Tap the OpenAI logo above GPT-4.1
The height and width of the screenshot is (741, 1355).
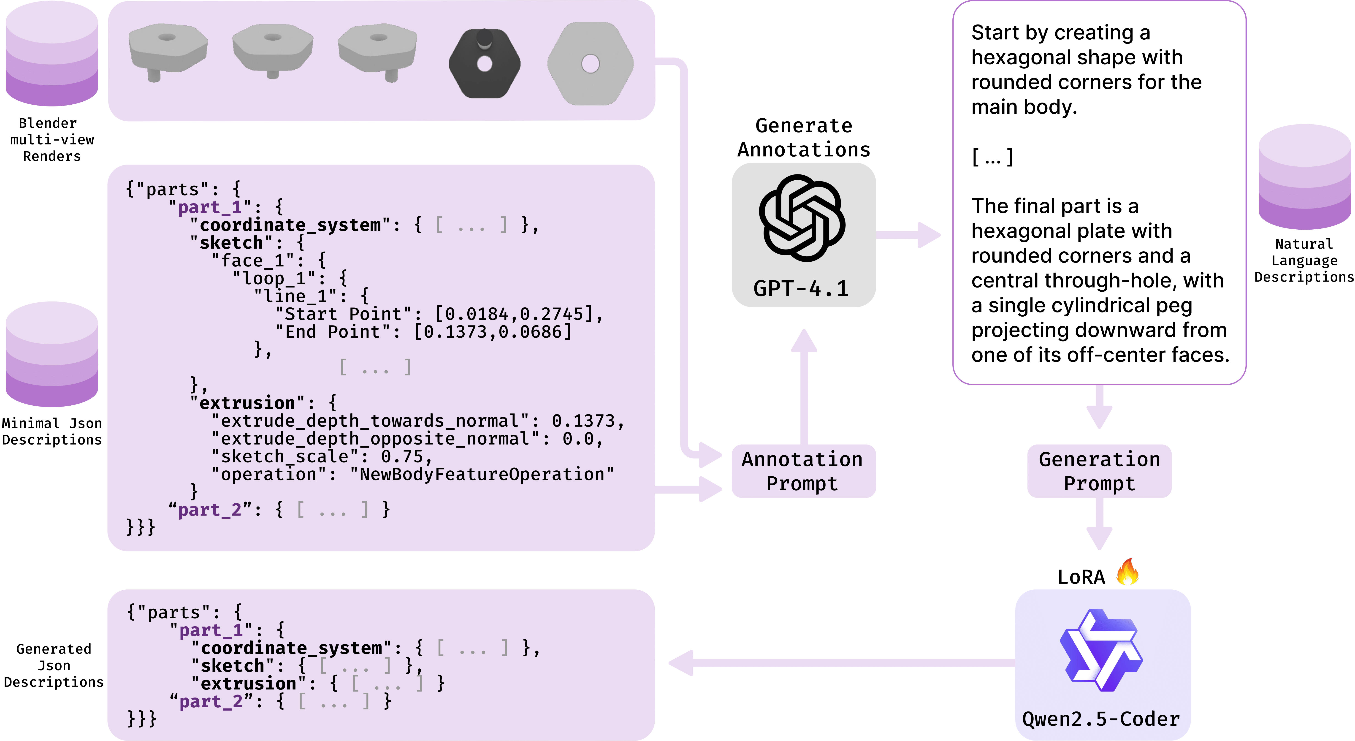802,218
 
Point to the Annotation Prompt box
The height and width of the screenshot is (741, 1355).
803,471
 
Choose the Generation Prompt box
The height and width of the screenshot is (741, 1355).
1099,471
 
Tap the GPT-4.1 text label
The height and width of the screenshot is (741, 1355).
801,288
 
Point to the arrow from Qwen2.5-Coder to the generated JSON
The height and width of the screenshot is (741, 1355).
842,663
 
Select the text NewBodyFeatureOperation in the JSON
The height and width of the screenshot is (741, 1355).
481,474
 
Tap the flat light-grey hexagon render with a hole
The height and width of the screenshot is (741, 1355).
590,64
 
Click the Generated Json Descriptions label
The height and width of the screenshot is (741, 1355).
54,665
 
